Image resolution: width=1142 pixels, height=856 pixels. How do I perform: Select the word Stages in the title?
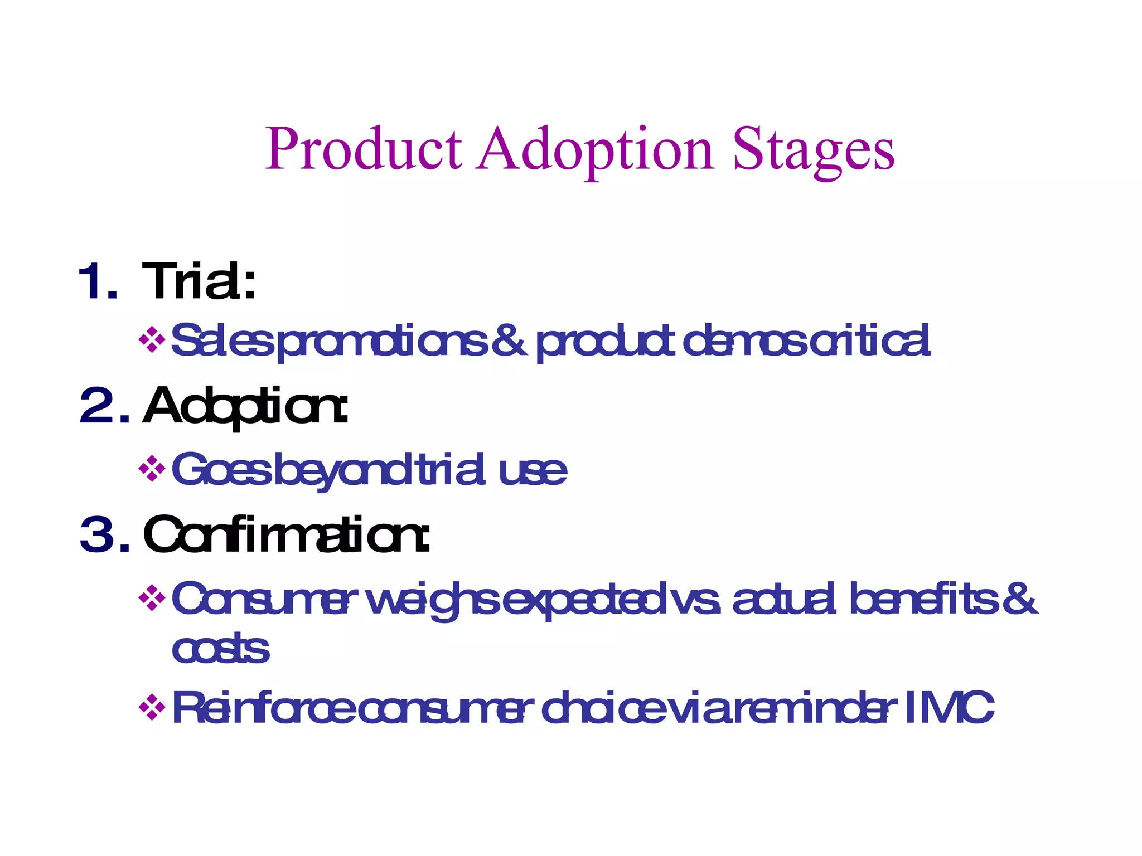[x=814, y=149]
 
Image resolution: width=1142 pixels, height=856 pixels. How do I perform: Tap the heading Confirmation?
[x=286, y=534]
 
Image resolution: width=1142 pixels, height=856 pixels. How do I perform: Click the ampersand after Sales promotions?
[x=509, y=340]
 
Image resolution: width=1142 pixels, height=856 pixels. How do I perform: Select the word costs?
[x=220, y=649]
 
